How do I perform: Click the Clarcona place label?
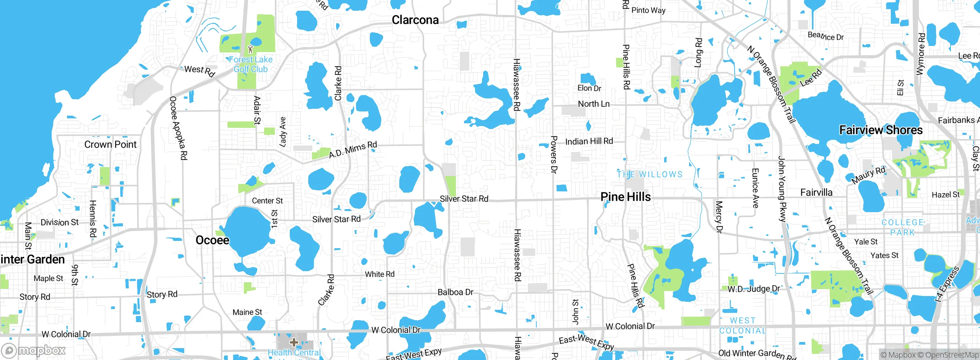click(415, 20)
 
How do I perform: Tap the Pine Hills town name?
click(626, 197)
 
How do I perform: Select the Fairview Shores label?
click(881, 130)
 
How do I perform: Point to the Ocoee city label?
click(212, 240)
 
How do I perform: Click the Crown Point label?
click(110, 144)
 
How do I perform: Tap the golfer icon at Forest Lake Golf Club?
click(251, 49)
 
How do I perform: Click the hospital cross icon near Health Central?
click(294, 342)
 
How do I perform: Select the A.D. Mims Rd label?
click(353, 149)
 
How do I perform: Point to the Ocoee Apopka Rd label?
click(178, 128)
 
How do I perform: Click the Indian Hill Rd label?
click(589, 141)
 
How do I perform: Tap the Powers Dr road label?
click(554, 154)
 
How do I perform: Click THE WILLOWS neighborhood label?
click(650, 175)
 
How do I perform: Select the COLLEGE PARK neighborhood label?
click(902, 227)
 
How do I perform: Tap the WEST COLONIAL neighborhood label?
click(743, 326)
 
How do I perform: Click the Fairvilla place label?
click(816, 192)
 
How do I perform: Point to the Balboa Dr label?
click(455, 292)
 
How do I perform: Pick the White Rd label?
click(379, 274)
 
